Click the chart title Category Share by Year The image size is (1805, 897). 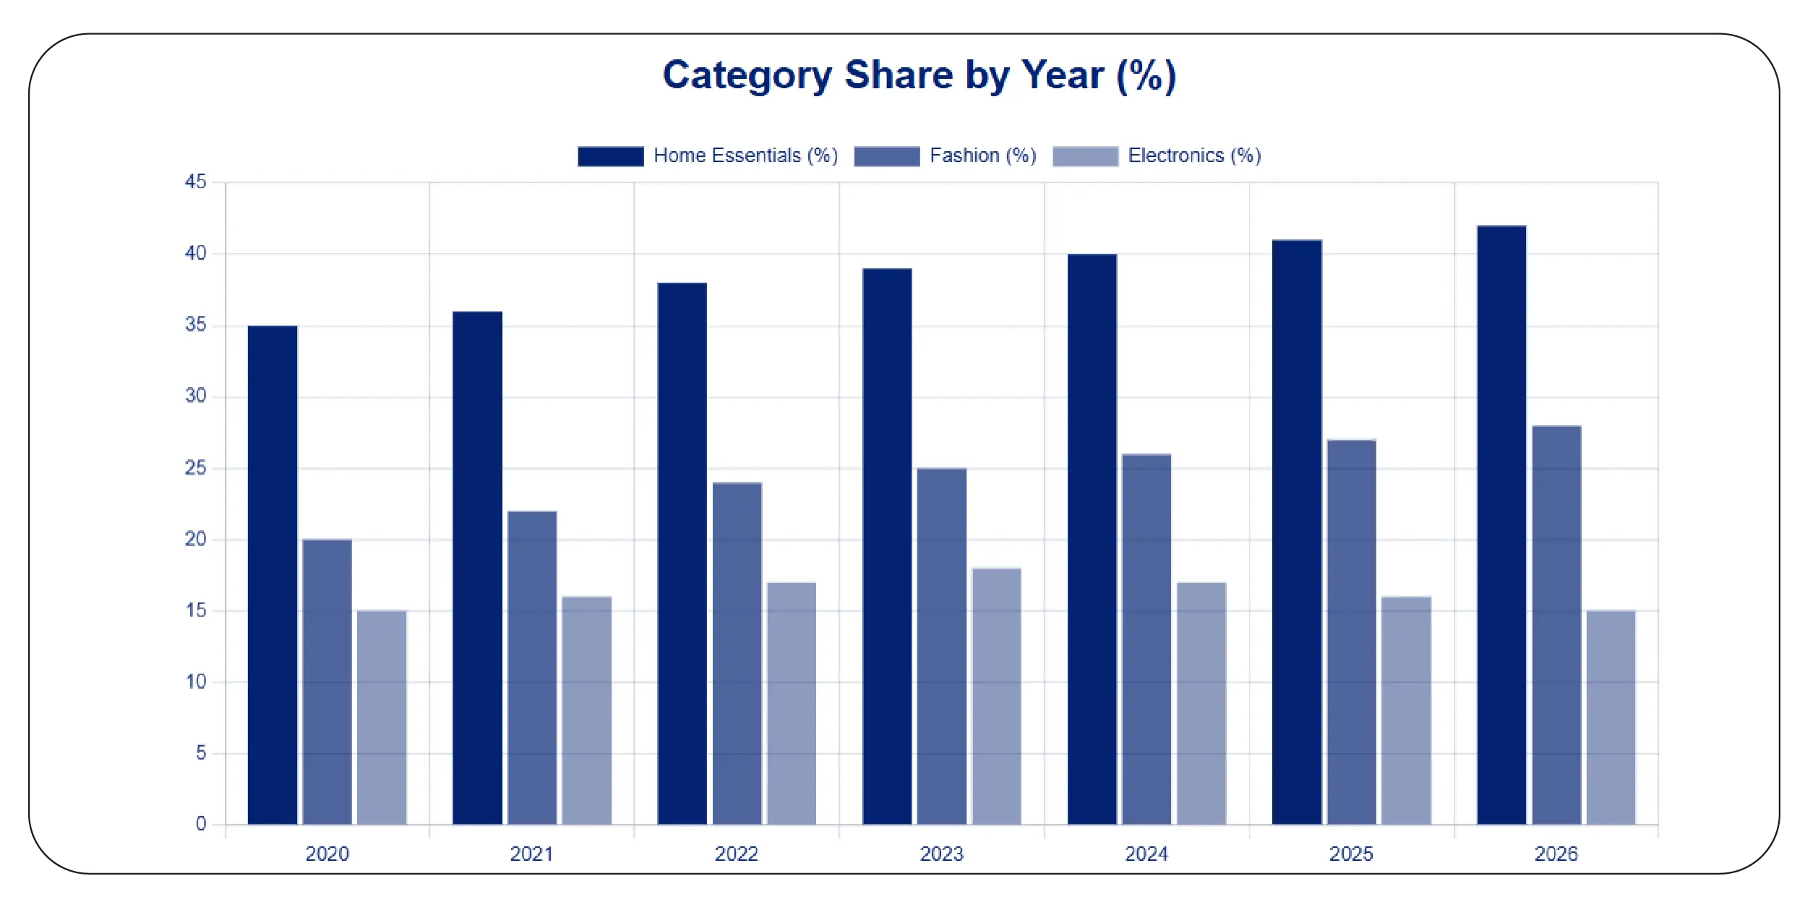click(x=919, y=75)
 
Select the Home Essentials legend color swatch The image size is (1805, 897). click(x=610, y=156)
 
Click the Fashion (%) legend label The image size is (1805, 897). click(x=982, y=156)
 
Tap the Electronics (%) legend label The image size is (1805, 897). click(x=1193, y=156)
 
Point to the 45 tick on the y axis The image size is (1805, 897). click(x=195, y=182)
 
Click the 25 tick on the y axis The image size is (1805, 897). click(x=195, y=468)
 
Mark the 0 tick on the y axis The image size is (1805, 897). click(x=200, y=823)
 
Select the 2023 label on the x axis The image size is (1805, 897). click(x=941, y=854)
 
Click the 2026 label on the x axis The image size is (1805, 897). click(x=1556, y=854)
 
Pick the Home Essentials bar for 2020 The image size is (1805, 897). click(x=272, y=575)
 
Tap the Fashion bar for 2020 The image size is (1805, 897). click(x=327, y=681)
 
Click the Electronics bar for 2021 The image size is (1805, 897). click(x=586, y=710)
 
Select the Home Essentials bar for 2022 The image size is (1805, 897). click(x=682, y=553)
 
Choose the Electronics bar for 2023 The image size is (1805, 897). click(x=996, y=696)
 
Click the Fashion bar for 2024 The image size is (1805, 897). click(x=1146, y=639)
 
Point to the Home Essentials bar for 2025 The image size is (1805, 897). click(x=1296, y=532)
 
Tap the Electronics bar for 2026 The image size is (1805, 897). click(x=1611, y=718)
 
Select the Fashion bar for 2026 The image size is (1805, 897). click(x=1556, y=625)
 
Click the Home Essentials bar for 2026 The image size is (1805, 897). click(x=1501, y=524)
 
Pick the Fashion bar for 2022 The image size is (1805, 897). click(x=737, y=653)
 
